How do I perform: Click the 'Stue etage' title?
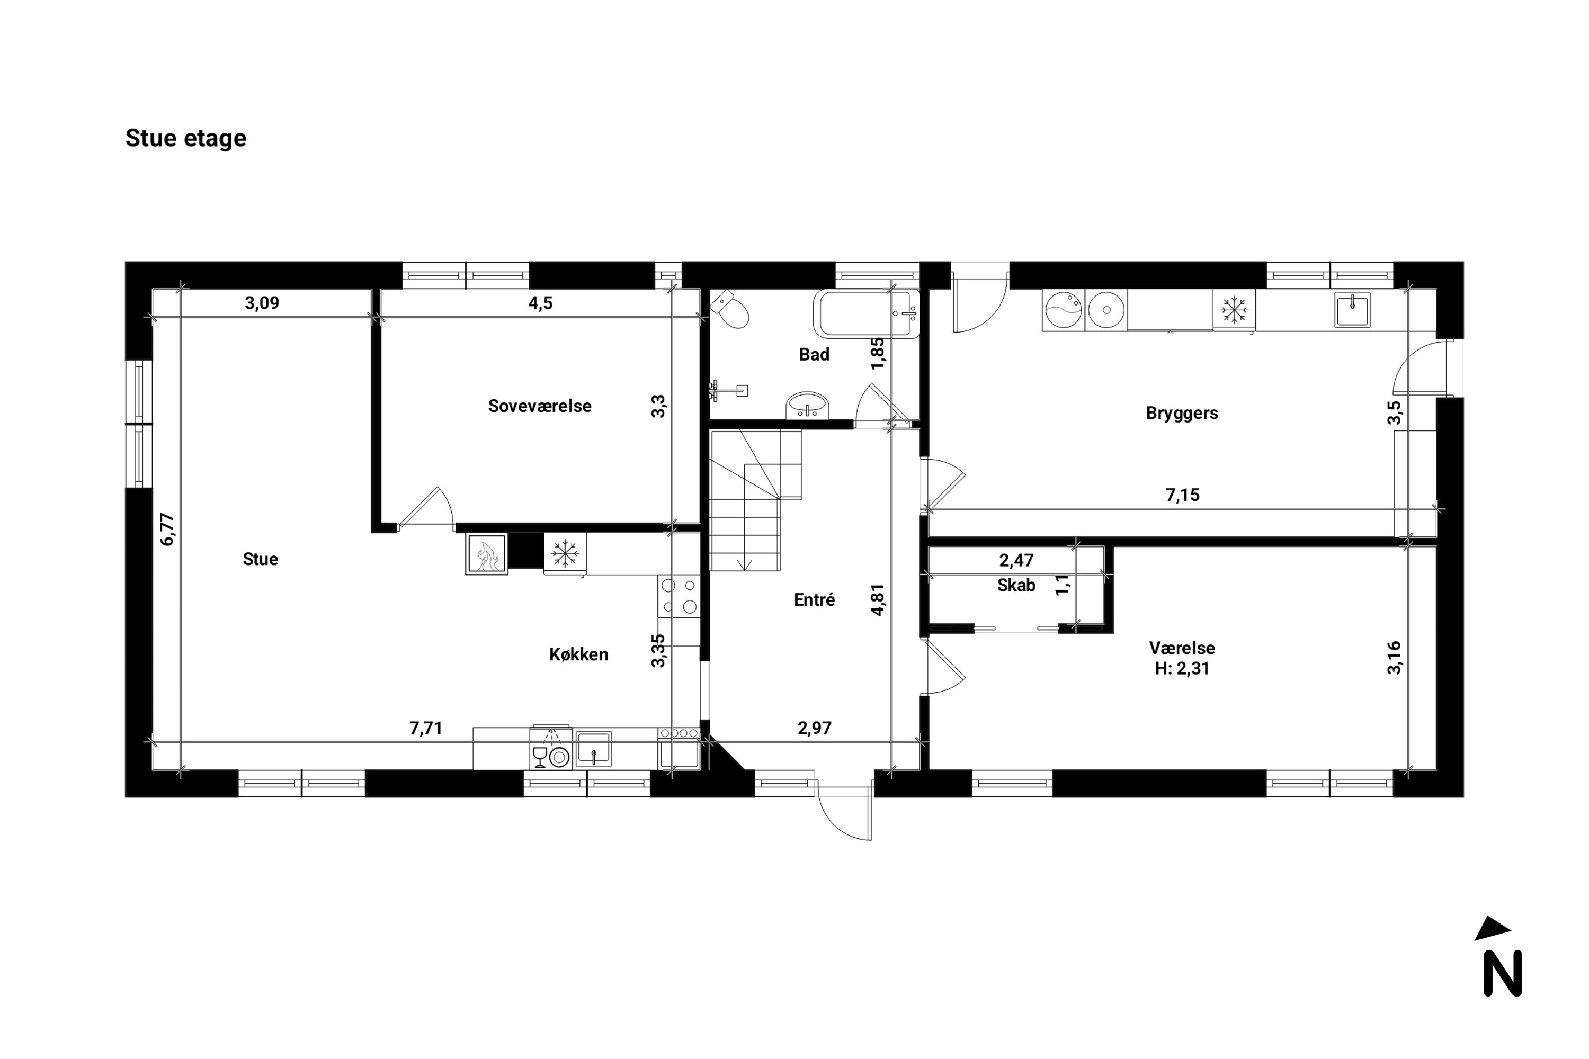(186, 138)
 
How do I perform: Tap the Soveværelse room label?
(539, 406)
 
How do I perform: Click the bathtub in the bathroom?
(866, 313)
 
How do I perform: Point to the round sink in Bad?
(807, 407)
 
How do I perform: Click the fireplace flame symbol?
(486, 554)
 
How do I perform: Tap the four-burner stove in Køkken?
(679, 596)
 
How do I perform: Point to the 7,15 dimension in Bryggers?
(1182, 495)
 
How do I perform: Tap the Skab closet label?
(1015, 586)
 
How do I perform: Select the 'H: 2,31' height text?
(1182, 669)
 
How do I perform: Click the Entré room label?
(814, 600)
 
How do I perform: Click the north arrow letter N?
(1503, 973)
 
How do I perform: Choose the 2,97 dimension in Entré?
(814, 728)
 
